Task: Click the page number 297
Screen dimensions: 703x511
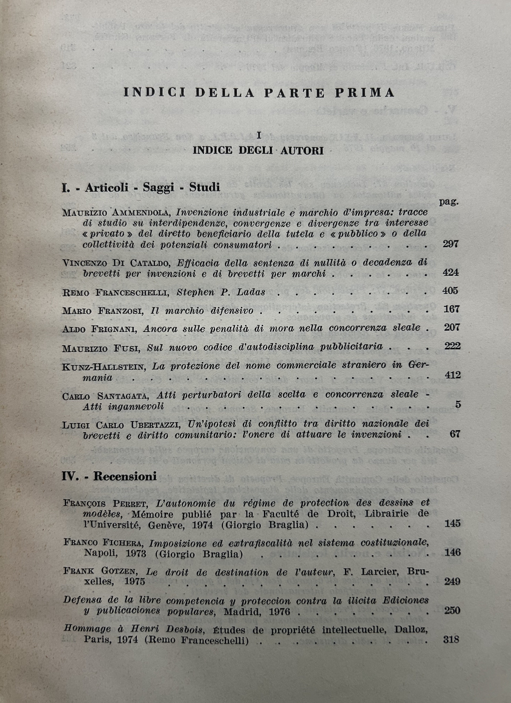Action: [x=450, y=244]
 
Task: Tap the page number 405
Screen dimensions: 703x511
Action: [x=450, y=291]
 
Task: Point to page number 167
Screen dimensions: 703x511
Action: [x=451, y=309]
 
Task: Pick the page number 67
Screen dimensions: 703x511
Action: [x=455, y=434]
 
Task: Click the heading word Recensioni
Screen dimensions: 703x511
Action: [x=125, y=476]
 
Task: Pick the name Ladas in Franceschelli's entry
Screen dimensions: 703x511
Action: [x=250, y=292]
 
